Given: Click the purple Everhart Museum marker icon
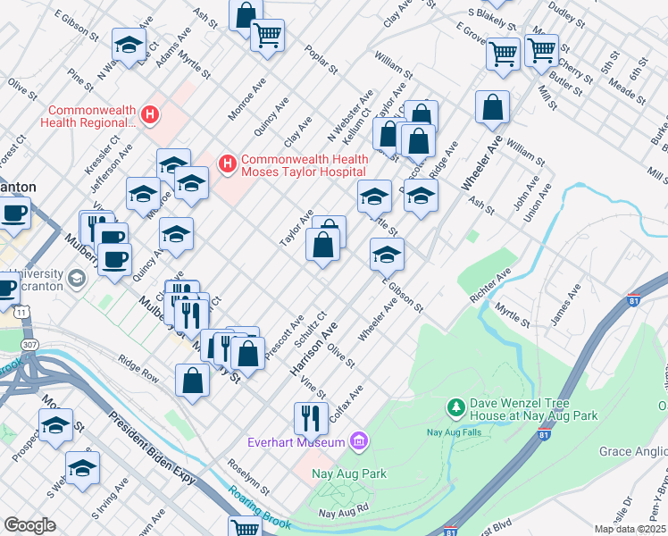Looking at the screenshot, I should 359,441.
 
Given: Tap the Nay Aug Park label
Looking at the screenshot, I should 349,473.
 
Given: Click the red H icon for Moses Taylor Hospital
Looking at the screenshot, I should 227,163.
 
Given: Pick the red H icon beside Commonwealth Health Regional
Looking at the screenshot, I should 150,114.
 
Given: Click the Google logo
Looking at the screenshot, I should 29,525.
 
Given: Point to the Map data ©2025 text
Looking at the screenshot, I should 630,529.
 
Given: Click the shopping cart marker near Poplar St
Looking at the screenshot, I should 266,36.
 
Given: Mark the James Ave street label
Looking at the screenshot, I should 567,304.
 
